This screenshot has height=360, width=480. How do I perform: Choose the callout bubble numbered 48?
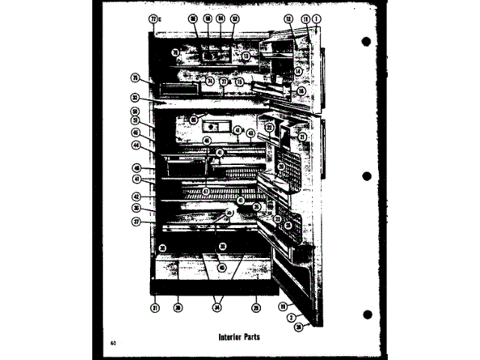click(136, 168)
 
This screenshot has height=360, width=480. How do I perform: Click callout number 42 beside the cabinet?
click(136, 196)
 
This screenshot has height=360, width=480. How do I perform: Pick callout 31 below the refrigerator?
click(154, 307)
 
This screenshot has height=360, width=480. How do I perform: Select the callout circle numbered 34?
click(218, 307)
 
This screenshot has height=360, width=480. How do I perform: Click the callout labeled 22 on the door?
click(268, 128)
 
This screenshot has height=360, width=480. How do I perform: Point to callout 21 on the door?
click(302, 137)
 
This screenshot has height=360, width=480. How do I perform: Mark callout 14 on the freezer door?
click(298, 71)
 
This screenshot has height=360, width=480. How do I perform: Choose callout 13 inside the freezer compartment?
click(246, 55)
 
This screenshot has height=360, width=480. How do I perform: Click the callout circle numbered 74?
click(210, 80)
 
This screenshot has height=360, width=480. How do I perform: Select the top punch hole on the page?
click(367, 40)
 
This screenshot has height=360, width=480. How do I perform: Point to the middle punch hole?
click(367, 175)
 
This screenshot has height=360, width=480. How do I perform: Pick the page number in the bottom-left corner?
click(112, 343)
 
